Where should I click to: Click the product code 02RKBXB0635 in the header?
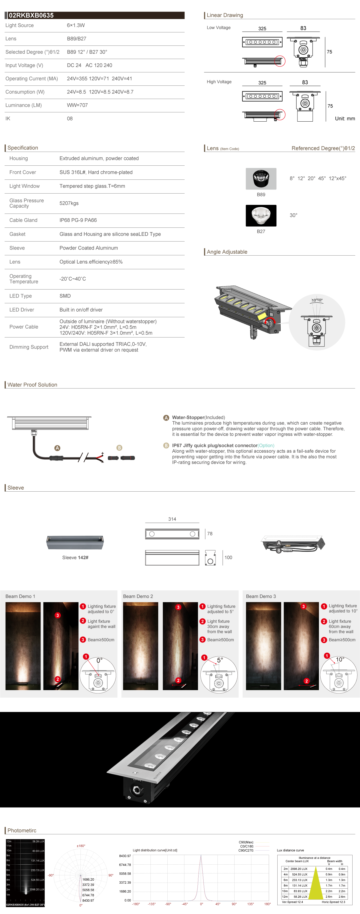pos(31,15)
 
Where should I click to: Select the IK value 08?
pos(70,119)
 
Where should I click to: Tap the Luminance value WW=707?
pos(77,105)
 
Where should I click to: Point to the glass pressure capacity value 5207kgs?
pos(69,203)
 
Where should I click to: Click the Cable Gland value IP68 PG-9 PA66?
pos(78,220)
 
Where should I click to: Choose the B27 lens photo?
pos(261,215)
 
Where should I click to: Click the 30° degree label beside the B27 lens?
pos(293,215)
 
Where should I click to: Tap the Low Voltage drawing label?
pos(219,28)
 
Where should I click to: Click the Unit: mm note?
pos(345,119)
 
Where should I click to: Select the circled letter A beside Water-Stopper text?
pos(166,418)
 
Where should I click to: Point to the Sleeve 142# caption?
pos(75,557)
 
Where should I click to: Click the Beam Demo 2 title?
pos(138,596)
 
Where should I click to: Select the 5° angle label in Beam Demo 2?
pos(220,660)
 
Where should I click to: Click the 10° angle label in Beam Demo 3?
pos(340,659)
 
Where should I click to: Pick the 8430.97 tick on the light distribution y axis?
pos(125,856)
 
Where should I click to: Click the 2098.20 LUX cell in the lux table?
pos(299,869)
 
